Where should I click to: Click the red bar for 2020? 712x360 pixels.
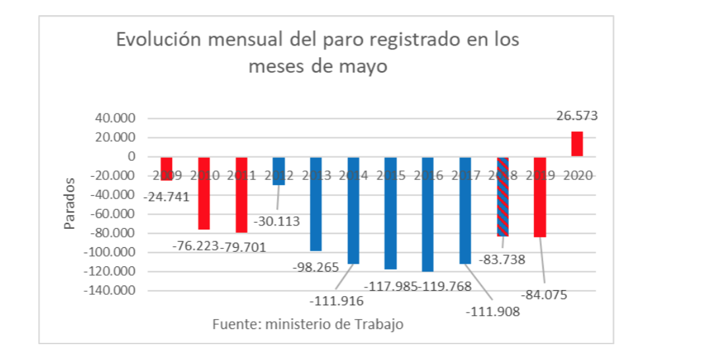577,144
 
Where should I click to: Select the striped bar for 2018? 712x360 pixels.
503,198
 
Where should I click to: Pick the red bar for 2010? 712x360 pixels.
204,193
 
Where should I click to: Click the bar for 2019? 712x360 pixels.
540,198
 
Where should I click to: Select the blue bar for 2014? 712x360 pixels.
353,211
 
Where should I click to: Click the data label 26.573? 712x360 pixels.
576,117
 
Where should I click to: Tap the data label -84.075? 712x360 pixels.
544,295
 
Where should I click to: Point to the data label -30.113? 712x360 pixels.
277,221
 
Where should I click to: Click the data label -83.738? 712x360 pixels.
502,260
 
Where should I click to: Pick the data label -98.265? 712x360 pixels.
315,268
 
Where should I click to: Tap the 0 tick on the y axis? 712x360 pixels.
132,157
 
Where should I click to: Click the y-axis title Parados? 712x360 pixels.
70,204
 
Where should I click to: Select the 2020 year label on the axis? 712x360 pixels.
578,176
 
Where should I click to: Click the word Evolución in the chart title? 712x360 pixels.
161,40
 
